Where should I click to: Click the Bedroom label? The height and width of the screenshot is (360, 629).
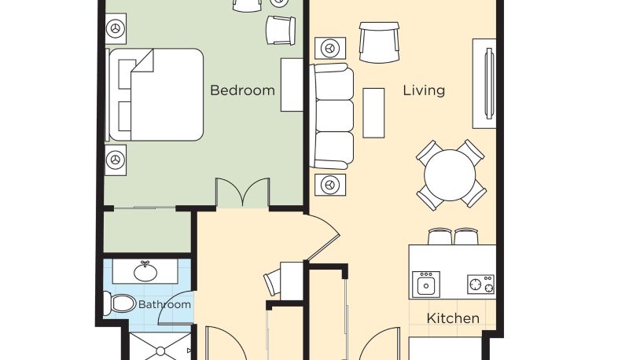pyautogui.click(x=242, y=90)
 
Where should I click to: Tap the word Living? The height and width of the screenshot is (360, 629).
pyautogui.click(x=424, y=90)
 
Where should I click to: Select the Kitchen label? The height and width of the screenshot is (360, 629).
pyautogui.click(x=453, y=318)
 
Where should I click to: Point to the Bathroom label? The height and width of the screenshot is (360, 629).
pyautogui.click(x=164, y=304)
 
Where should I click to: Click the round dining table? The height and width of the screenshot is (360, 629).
pyautogui.click(x=450, y=175)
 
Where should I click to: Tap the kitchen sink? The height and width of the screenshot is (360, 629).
pyautogui.click(x=426, y=285)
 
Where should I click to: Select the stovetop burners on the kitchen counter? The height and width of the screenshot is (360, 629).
pyautogui.click(x=480, y=285)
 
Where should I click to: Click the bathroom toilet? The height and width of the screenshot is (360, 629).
pyautogui.click(x=120, y=303)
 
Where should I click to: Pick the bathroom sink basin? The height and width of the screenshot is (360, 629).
pyautogui.click(x=145, y=272)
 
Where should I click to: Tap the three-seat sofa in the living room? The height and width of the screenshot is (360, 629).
pyautogui.click(x=332, y=116)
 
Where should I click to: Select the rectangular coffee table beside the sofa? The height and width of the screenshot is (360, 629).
pyautogui.click(x=373, y=113)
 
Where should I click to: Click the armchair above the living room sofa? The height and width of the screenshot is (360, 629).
pyautogui.click(x=379, y=42)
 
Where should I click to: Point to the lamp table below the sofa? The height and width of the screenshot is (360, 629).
pyautogui.click(x=330, y=185)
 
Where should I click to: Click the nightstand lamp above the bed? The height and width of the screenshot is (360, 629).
pyautogui.click(x=116, y=28)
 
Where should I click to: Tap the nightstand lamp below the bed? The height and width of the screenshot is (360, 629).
pyautogui.click(x=116, y=160)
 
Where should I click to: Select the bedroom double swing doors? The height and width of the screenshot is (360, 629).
pyautogui.click(x=243, y=193)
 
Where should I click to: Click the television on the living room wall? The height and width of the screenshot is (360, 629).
pyautogui.click(x=489, y=83)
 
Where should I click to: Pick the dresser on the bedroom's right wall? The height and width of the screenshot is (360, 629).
pyautogui.click(x=292, y=85)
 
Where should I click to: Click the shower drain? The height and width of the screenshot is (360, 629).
pyautogui.click(x=160, y=351)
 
